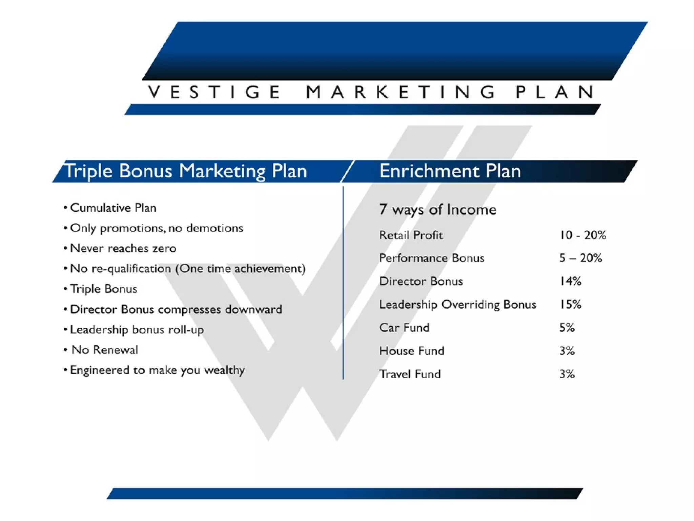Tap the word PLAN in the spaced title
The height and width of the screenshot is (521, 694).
pyautogui.click(x=555, y=92)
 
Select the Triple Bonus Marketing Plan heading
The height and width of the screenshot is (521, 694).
pyautogui.click(x=186, y=171)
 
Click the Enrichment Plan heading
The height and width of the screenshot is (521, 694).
pyautogui.click(x=450, y=171)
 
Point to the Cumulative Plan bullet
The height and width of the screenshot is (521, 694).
pyautogui.click(x=113, y=208)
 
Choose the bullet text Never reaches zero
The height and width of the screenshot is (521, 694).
pyautogui.click(x=123, y=248)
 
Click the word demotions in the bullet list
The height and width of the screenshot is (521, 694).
pyautogui.click(x=215, y=228)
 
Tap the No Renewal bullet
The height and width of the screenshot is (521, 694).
pyautogui.click(x=105, y=350)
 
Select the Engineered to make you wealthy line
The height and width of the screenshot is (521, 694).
pyautogui.click(x=157, y=370)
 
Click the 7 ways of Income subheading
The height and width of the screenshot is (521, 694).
pyautogui.click(x=438, y=209)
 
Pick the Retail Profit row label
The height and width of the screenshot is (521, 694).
pyautogui.click(x=411, y=235)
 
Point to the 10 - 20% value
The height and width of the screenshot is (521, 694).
pyautogui.click(x=583, y=235)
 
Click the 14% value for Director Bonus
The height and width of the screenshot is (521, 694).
pyautogui.click(x=570, y=281)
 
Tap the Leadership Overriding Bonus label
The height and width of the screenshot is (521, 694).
pyautogui.click(x=457, y=304)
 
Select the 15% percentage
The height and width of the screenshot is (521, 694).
pyautogui.click(x=570, y=304)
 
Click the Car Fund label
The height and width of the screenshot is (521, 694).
pyautogui.click(x=404, y=328)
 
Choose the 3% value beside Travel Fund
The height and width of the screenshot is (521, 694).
pyautogui.click(x=567, y=374)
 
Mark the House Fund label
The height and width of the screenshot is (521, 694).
pyautogui.click(x=411, y=351)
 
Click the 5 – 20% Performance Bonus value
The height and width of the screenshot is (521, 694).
pyautogui.click(x=580, y=258)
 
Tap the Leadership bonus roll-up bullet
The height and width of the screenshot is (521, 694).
pyautogui.click(x=137, y=329)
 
